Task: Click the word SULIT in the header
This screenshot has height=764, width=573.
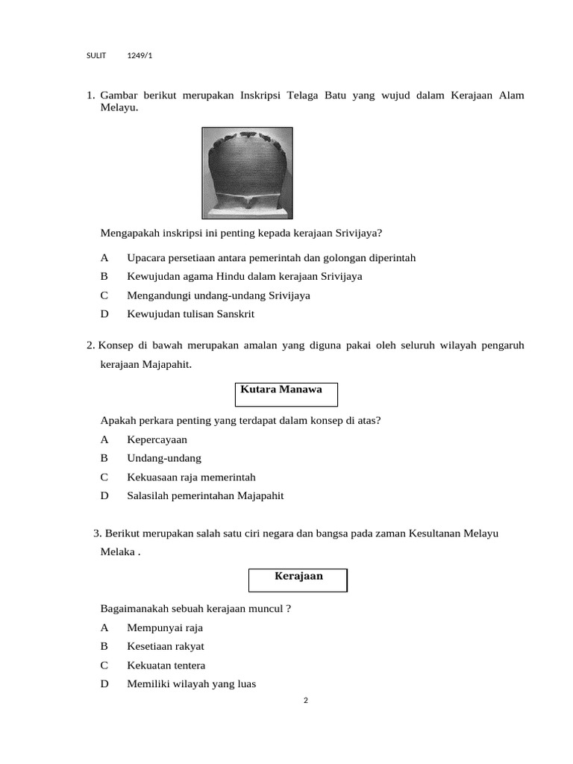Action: click(96, 56)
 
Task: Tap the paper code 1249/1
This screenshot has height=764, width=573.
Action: click(140, 56)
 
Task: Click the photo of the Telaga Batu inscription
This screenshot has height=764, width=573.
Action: click(247, 172)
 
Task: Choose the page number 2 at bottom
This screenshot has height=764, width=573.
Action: click(306, 700)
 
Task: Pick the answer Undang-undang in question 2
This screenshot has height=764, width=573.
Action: click(163, 458)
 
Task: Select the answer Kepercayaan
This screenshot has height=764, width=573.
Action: click(157, 439)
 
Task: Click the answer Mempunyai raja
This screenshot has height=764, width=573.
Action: click(164, 627)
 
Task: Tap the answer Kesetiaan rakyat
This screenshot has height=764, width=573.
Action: click(165, 646)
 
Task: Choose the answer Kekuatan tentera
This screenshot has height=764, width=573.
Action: click(166, 665)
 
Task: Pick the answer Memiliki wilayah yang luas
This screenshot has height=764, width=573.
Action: click(191, 683)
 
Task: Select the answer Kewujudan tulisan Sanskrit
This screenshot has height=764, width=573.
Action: click(190, 314)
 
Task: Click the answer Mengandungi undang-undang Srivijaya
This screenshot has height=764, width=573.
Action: click(218, 295)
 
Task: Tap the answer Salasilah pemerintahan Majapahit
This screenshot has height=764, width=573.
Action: click(205, 495)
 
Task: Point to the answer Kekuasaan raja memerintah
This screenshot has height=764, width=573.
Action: click(191, 477)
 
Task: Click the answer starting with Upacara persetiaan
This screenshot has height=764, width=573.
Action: click(271, 257)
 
